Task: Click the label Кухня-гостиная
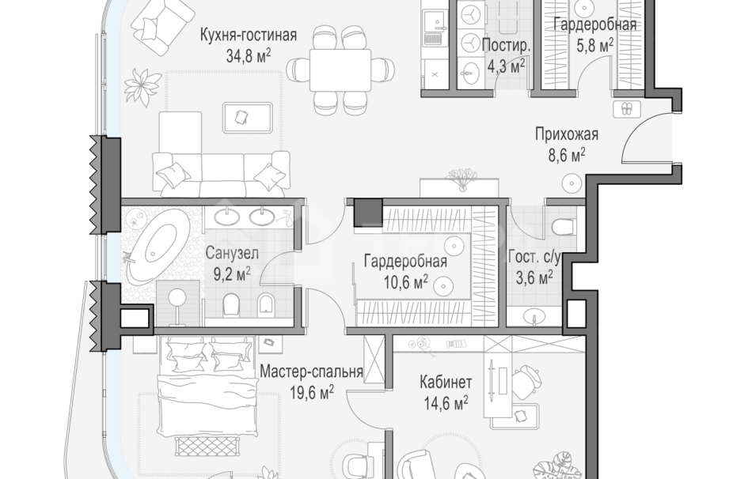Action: coord(249,35)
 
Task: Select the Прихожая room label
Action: coord(564,134)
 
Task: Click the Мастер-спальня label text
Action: coord(311,372)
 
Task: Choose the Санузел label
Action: coord(228,255)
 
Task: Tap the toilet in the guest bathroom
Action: coord(564,228)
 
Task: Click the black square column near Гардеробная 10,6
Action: coord(367,212)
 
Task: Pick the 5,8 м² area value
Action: coord(594,46)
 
